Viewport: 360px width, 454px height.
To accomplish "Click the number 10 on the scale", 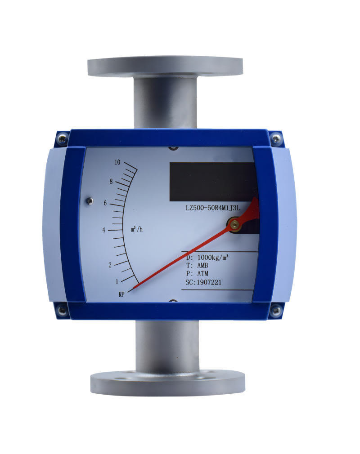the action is [117, 162].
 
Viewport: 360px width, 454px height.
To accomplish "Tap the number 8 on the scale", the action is [111, 182].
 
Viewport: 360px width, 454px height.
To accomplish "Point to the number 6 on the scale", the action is [105, 203].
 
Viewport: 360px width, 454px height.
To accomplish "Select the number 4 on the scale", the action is [104, 230].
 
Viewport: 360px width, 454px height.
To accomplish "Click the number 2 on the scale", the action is [110, 265].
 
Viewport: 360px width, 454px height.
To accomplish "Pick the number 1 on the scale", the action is [117, 281].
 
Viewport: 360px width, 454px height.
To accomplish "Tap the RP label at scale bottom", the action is [121, 294].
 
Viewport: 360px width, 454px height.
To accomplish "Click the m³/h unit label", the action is [137, 229].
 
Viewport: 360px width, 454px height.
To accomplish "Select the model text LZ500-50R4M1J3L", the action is [213, 208].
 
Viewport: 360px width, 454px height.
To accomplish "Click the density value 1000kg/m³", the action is [213, 257].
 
